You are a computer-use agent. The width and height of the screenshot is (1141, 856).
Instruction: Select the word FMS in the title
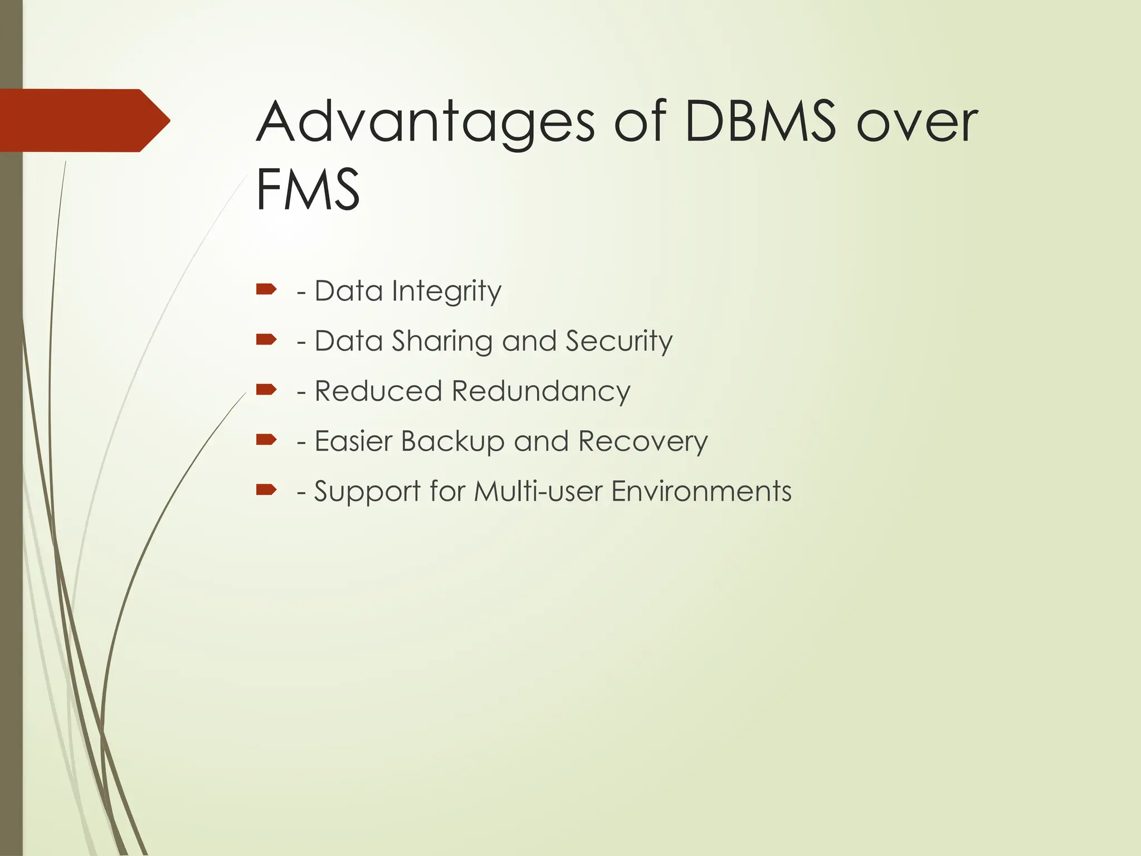[x=308, y=189]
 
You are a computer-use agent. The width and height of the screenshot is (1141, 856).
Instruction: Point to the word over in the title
[x=917, y=123]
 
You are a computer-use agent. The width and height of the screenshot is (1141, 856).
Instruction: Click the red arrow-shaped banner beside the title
[x=84, y=120]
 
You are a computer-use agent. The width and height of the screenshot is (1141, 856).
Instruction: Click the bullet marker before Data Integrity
[x=266, y=289]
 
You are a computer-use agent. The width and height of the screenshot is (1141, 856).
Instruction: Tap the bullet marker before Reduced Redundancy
[x=266, y=390]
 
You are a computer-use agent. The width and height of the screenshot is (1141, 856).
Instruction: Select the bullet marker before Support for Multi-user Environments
[x=266, y=490]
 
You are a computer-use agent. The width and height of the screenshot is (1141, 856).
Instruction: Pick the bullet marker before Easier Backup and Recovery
[x=266, y=440]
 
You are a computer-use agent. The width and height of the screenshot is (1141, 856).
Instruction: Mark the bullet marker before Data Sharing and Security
[x=266, y=339]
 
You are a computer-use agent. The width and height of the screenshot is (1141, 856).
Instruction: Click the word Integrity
[x=446, y=291]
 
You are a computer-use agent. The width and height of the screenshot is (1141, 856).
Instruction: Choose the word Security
[x=619, y=342]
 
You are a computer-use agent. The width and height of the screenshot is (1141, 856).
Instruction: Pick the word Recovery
[x=643, y=442]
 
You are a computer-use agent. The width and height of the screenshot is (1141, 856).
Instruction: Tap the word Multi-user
[x=538, y=492]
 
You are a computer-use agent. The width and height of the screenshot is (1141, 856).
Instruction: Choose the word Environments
[x=701, y=492]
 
